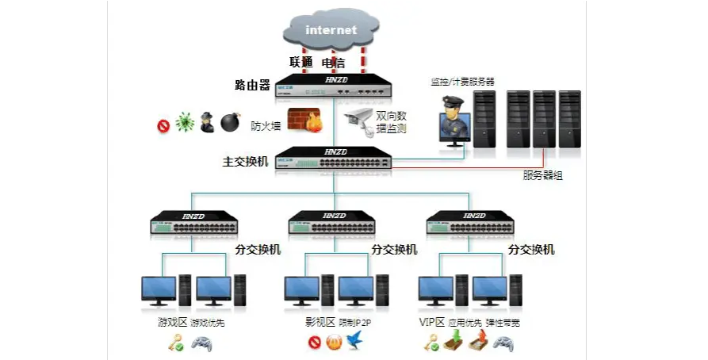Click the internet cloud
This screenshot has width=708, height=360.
(331, 31)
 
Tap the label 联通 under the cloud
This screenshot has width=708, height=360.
(301, 62)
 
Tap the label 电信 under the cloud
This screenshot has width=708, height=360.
(333, 62)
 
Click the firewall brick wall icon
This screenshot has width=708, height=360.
(303, 121)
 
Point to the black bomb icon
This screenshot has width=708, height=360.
(230, 122)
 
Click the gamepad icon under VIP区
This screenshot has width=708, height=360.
(503, 343)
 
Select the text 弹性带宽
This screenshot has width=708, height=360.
(502, 323)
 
